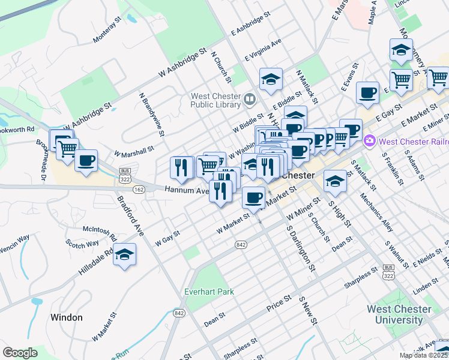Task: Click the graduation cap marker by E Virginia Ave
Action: (271, 78)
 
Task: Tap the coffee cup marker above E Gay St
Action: (367, 92)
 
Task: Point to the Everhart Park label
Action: (208, 292)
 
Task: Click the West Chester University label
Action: (399, 314)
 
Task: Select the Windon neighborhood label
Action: (66, 317)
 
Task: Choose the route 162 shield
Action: (139, 190)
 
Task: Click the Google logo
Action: (19, 353)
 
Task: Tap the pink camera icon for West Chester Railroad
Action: (370, 141)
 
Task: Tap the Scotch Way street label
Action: (82, 244)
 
